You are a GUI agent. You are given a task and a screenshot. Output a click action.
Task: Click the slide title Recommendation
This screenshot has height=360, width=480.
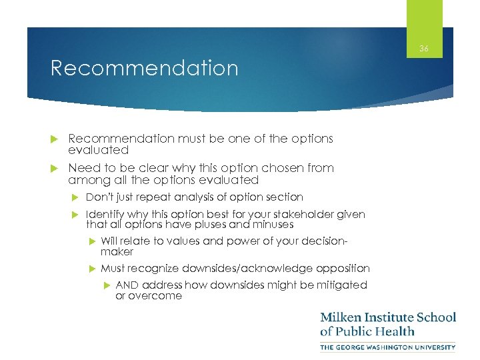pyautogui.click(x=144, y=69)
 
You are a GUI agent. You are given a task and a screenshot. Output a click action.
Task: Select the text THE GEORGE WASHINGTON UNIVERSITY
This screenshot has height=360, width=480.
pyautogui.click(x=387, y=347)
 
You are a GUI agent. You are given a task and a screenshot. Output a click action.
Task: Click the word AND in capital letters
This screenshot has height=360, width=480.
pyautogui.click(x=127, y=285)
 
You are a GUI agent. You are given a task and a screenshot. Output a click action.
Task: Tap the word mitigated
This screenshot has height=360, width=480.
pyautogui.click(x=343, y=285)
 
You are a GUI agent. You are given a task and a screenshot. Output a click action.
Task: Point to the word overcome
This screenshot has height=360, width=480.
pyautogui.click(x=149, y=295)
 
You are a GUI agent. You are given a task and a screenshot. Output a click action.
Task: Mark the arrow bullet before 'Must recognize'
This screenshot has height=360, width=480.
pyautogui.click(x=91, y=268)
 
